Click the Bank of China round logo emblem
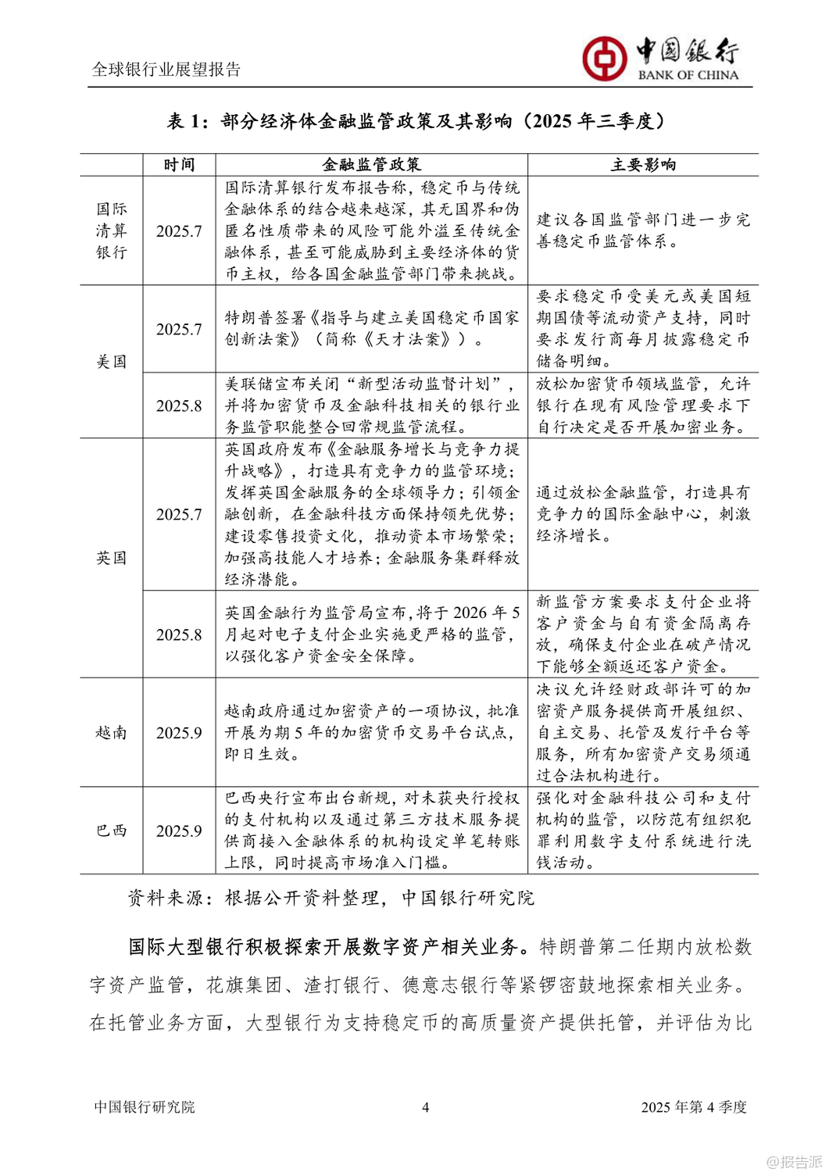[x=604, y=59]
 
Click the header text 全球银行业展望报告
[x=166, y=70]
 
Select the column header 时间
[x=179, y=165]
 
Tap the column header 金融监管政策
[x=371, y=165]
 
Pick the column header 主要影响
[x=642, y=165]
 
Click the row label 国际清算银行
[x=111, y=230]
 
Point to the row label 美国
[x=111, y=362]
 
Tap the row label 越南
[x=111, y=732]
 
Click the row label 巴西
[x=111, y=831]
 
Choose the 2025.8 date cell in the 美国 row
[x=179, y=406]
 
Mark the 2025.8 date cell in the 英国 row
[x=179, y=634]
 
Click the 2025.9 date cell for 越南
[x=179, y=733]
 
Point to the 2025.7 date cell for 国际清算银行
[x=179, y=231]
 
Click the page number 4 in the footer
[x=425, y=1107]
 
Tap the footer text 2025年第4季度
[x=693, y=1107]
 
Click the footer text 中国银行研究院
[x=145, y=1107]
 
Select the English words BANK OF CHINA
[x=688, y=75]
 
